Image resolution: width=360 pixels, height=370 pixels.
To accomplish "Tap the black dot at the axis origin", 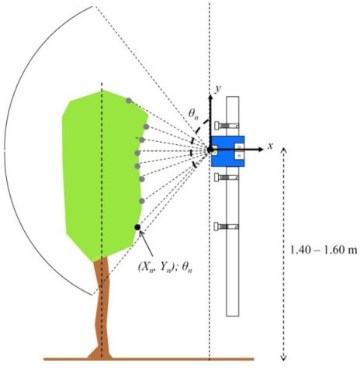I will pos(209,148).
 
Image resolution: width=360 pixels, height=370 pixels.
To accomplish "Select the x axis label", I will pos(271,145).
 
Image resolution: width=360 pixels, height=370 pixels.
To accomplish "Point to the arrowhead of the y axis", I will pos(209,94).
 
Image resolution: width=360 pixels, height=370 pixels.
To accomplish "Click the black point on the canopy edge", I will pos(137,226).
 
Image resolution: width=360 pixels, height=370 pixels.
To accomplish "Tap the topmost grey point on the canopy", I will pos(129,100).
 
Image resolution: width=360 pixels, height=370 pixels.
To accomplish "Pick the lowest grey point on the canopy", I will pos(142,201).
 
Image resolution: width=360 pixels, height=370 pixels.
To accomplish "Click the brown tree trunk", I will pos(101,310).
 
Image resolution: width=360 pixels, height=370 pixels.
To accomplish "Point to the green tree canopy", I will pos(97,171).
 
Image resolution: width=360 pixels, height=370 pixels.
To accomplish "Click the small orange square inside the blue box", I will pos(215,152).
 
